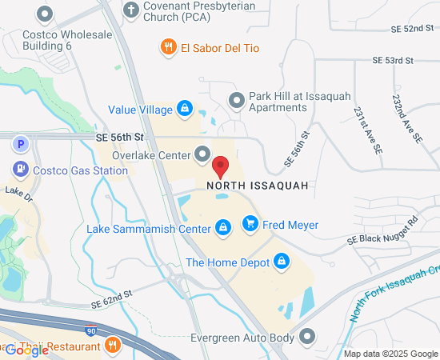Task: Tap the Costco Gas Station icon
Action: point(21,170)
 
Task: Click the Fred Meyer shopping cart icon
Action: point(250,224)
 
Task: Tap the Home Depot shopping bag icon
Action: point(282,261)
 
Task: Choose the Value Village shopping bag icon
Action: point(184,108)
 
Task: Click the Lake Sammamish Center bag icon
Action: point(223,228)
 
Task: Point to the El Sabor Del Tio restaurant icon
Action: point(168,47)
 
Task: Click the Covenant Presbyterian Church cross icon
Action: point(132,10)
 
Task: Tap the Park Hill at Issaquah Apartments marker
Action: point(236,100)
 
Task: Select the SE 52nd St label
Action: point(413,29)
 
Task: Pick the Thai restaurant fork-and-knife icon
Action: point(113,346)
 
